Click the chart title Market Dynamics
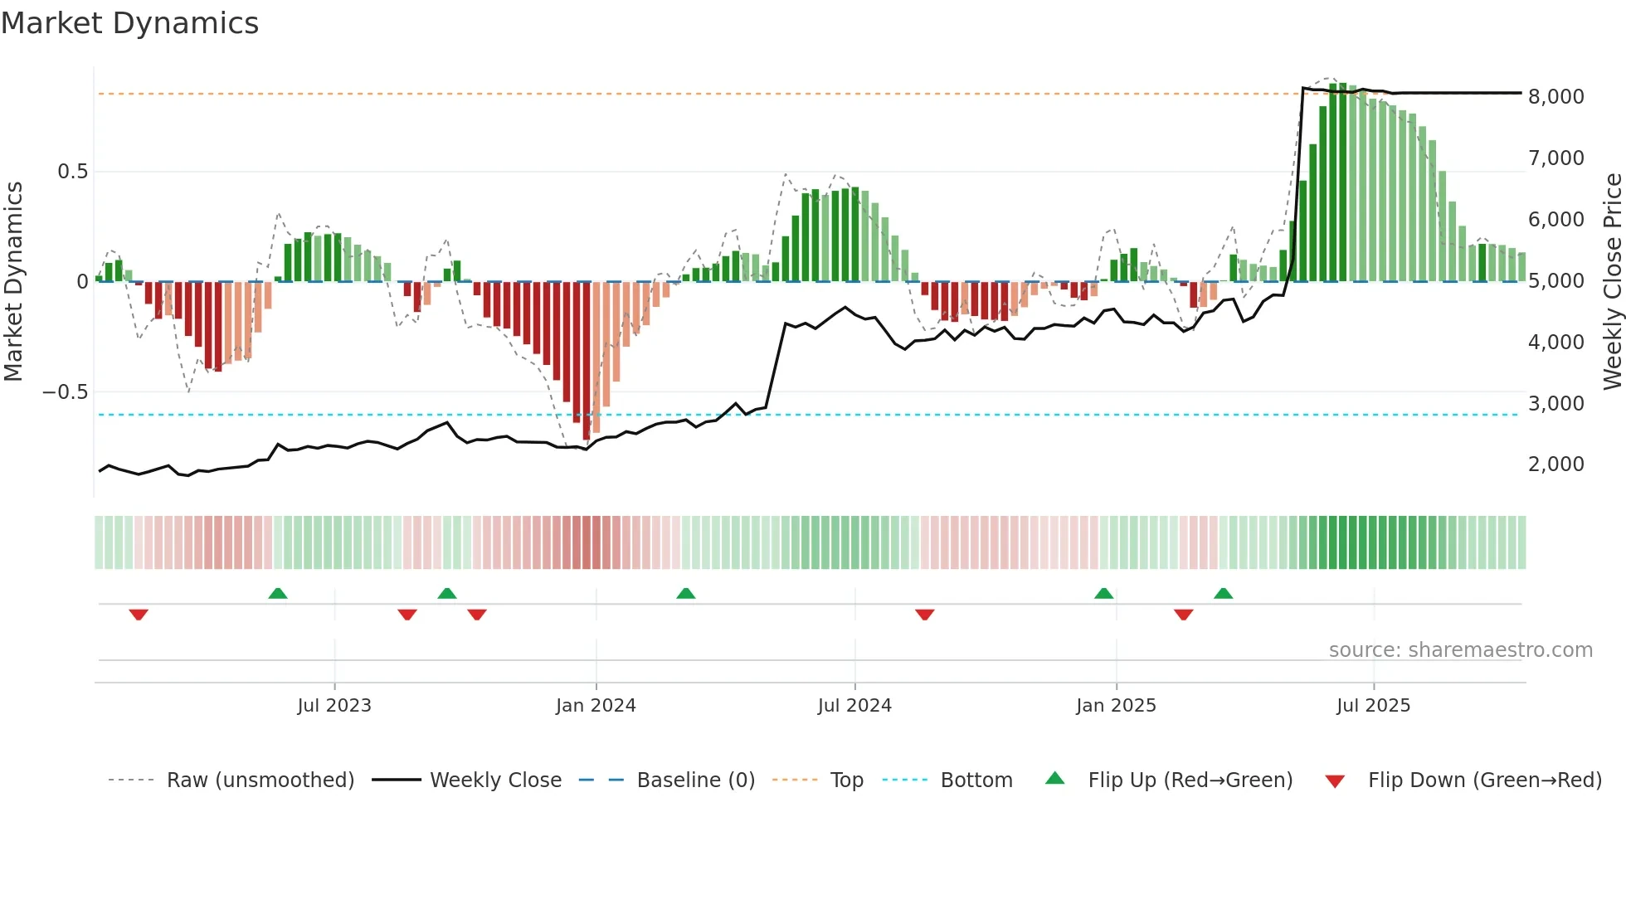[x=129, y=23]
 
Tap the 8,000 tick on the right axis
[x=1555, y=97]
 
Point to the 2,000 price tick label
[x=1555, y=464]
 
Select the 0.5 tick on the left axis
[x=72, y=172]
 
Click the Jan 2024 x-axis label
[x=595, y=706]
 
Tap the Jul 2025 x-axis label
[x=1372, y=706]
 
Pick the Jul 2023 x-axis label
[x=333, y=706]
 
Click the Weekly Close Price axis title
[x=1612, y=281]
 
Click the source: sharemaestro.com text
[x=1460, y=650]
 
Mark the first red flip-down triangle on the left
[x=139, y=615]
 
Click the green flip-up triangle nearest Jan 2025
[x=1103, y=593]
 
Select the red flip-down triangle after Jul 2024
[x=924, y=615]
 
